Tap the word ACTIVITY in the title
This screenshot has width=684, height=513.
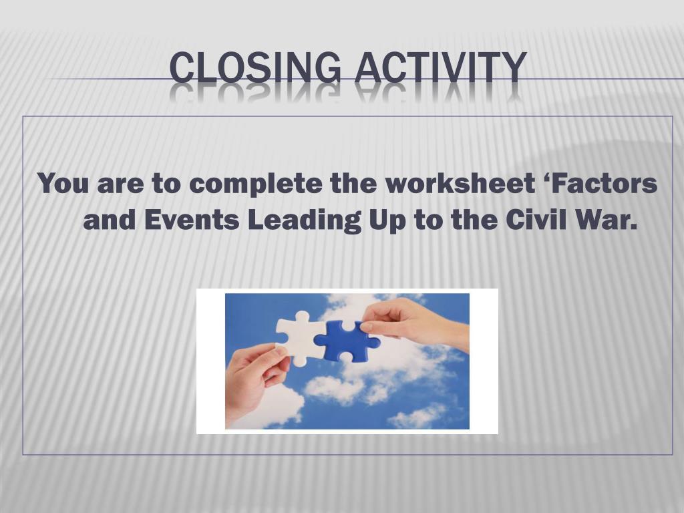click(440, 68)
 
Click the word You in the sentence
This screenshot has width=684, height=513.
click(63, 184)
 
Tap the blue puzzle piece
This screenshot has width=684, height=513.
click(346, 340)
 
